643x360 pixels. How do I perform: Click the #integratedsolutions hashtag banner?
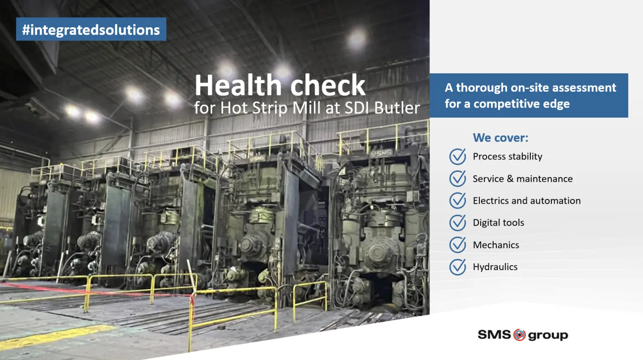click(91, 29)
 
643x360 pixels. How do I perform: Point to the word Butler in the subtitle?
click(397, 108)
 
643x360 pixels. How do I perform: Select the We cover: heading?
click(501, 138)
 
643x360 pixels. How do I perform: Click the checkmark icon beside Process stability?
click(457, 156)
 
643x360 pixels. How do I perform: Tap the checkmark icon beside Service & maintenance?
click(457, 179)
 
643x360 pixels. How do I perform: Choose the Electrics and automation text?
click(527, 201)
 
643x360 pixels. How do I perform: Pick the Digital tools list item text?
click(499, 223)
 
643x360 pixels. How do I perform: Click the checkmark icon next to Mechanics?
click(457, 245)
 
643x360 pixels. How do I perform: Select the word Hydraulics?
click(495, 267)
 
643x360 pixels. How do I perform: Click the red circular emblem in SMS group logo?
click(519, 335)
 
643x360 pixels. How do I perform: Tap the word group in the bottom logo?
click(548, 336)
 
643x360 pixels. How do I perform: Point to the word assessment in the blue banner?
click(584, 87)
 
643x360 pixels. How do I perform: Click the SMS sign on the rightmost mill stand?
click(381, 153)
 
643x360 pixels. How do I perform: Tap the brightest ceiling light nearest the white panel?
click(357, 39)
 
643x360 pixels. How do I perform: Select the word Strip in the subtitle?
click(270, 108)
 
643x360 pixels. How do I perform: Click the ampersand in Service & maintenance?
click(510, 179)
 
